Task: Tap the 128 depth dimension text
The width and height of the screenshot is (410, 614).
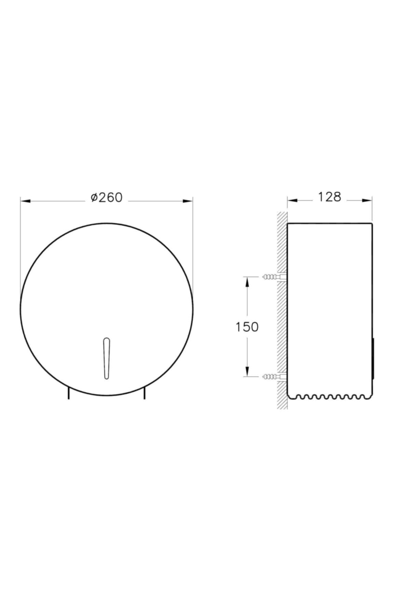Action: tap(330, 197)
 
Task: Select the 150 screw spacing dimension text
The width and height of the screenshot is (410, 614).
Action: tap(247, 327)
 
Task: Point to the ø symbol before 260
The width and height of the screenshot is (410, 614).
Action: tap(95, 198)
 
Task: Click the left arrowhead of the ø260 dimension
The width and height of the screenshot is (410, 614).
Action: tap(26, 201)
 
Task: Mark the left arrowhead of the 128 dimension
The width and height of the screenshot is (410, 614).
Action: tap(292, 201)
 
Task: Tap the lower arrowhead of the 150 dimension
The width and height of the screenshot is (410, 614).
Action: tap(247, 371)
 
